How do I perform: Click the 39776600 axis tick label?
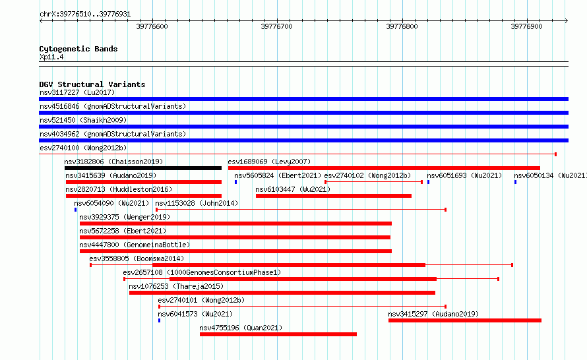click(x=152, y=26)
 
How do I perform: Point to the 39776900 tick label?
click(x=526, y=26)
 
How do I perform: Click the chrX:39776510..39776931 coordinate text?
click(x=85, y=15)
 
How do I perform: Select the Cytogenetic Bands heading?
click(x=78, y=49)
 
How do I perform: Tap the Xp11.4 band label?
click(x=51, y=57)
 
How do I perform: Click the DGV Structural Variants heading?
click(x=92, y=84)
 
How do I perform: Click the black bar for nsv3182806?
click(x=143, y=168)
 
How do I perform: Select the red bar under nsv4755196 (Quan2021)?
click(x=278, y=334)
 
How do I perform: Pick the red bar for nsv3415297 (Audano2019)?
click(x=465, y=320)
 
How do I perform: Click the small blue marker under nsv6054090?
click(x=76, y=210)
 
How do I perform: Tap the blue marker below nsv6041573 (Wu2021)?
click(x=160, y=320)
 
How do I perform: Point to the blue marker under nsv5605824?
click(x=236, y=182)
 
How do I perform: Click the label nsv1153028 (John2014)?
click(x=197, y=203)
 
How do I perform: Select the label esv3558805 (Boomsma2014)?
click(x=137, y=258)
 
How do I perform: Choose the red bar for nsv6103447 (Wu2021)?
click(x=334, y=196)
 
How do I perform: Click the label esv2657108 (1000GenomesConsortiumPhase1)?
click(x=202, y=272)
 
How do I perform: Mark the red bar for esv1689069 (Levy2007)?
click(x=384, y=168)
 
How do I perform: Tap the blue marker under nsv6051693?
click(x=428, y=182)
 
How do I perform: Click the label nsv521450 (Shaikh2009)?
click(x=83, y=120)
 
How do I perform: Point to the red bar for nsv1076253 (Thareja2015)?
click(x=282, y=293)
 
